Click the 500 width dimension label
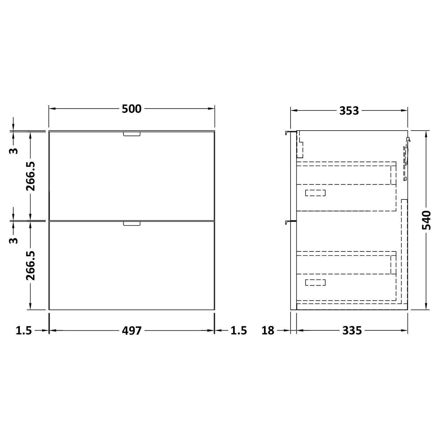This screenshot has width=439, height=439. click(x=132, y=109)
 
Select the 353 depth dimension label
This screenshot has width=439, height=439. click(x=349, y=111)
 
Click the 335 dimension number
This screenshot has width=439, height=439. click(x=352, y=330)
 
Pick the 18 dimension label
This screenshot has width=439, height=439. click(x=268, y=330)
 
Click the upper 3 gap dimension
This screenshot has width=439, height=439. click(x=13, y=150)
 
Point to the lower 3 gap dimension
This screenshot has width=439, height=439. click(x=13, y=240)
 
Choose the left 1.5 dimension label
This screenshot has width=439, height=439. click(x=24, y=330)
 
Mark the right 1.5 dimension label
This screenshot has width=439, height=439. click(x=239, y=330)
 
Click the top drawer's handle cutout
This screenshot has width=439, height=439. click(x=132, y=134)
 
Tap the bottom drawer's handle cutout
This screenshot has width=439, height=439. click(x=132, y=223)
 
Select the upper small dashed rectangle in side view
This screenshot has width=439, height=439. click(x=315, y=193)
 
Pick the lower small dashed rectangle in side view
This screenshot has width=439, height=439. click(x=315, y=282)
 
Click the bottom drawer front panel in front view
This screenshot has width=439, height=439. click(x=132, y=265)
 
